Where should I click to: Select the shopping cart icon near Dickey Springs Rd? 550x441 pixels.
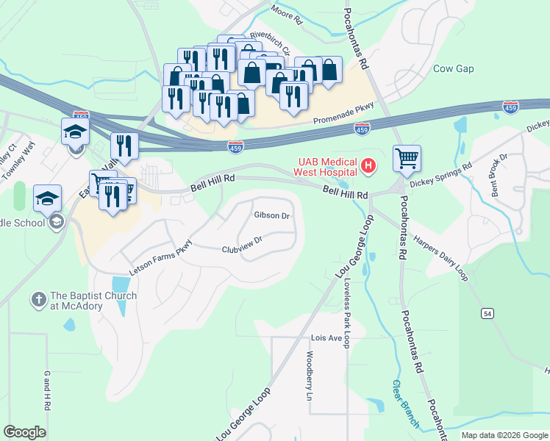407,158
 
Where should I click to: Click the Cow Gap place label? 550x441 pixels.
453,69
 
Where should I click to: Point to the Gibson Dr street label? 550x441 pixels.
272,215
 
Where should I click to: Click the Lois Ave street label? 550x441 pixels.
327,338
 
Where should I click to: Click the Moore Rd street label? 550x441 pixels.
286,15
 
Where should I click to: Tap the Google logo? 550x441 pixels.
24,432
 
